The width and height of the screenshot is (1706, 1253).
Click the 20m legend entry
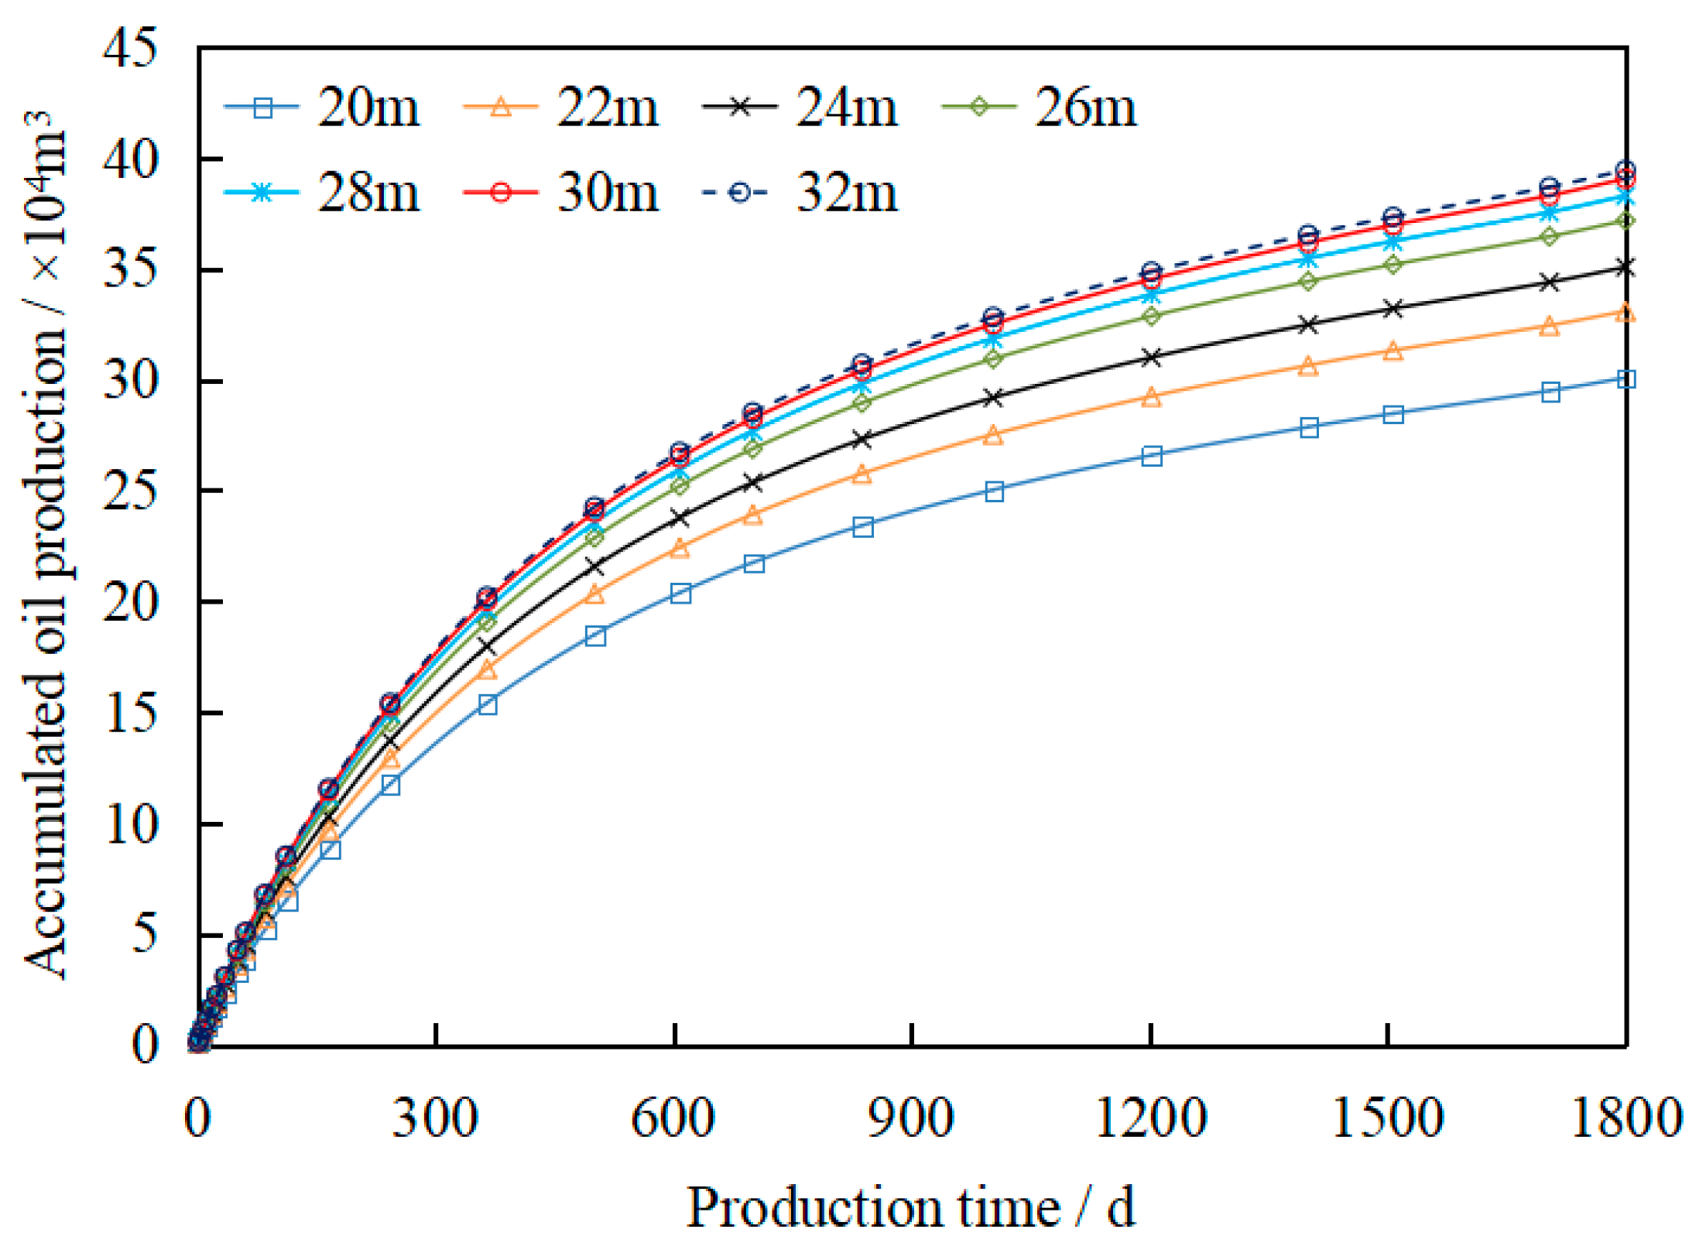(x=321, y=108)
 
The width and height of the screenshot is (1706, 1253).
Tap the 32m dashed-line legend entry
(x=801, y=192)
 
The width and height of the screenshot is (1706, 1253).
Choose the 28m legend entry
(x=321, y=192)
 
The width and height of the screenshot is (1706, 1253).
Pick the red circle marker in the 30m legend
(x=501, y=192)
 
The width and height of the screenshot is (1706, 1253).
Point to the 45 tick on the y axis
(x=129, y=48)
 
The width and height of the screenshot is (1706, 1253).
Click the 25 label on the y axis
(x=129, y=491)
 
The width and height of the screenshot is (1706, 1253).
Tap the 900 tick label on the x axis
(x=911, y=1118)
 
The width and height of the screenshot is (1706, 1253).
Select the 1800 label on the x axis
(x=1625, y=1118)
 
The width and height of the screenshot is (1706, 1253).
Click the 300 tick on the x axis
(x=435, y=1118)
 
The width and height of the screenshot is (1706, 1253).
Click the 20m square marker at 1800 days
(x=1626, y=378)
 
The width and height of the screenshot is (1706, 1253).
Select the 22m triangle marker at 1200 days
(x=1152, y=397)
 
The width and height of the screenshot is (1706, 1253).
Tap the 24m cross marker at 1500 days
(x=1393, y=309)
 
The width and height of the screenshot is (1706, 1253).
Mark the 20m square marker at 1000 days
(x=995, y=491)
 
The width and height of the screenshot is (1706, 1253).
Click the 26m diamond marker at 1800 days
(x=1626, y=221)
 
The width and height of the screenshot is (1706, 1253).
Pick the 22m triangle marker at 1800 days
(x=1626, y=313)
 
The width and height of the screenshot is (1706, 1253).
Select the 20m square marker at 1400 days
(x=1309, y=428)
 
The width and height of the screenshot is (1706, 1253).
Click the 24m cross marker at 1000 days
(x=995, y=398)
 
